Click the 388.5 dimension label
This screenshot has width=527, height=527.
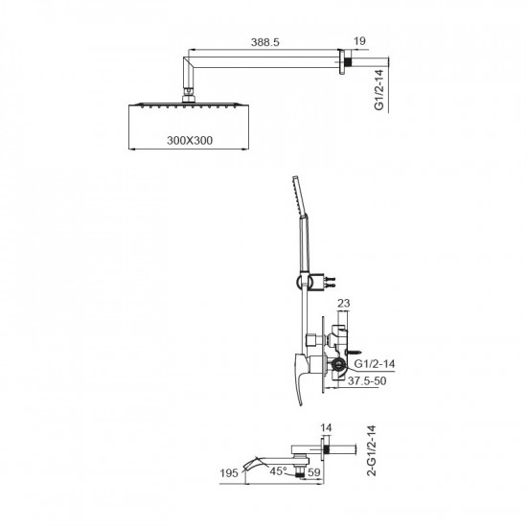click(x=264, y=42)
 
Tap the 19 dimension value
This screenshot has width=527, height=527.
click(x=359, y=41)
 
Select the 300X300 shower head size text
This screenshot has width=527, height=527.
click(x=190, y=140)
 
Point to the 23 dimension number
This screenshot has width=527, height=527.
click(x=343, y=303)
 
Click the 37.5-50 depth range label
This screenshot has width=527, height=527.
click(x=367, y=380)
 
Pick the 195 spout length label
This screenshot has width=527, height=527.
click(x=229, y=473)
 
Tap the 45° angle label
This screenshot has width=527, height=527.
click(x=278, y=470)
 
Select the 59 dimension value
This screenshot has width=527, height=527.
click(x=314, y=472)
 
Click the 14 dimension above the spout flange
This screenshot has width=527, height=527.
click(x=326, y=428)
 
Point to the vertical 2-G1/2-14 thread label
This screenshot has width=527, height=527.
click(x=371, y=450)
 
